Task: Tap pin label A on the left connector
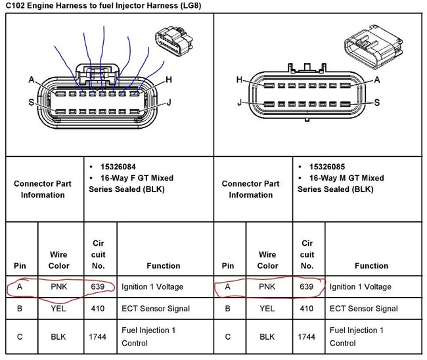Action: pyautogui.click(x=31, y=79)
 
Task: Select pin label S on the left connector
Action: pyautogui.click(x=31, y=102)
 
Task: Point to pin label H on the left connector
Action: pyautogui.click(x=169, y=79)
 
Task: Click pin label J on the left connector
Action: pyautogui.click(x=169, y=102)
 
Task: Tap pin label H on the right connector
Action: pyautogui.click(x=239, y=79)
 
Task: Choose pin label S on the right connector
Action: pyautogui.click(x=377, y=102)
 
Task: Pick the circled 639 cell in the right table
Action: pyautogui.click(x=306, y=286)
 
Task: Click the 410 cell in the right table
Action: pyautogui.click(x=306, y=308)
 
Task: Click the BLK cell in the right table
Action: pyautogui.click(x=267, y=336)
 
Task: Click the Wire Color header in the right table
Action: pyautogui.click(x=267, y=260)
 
